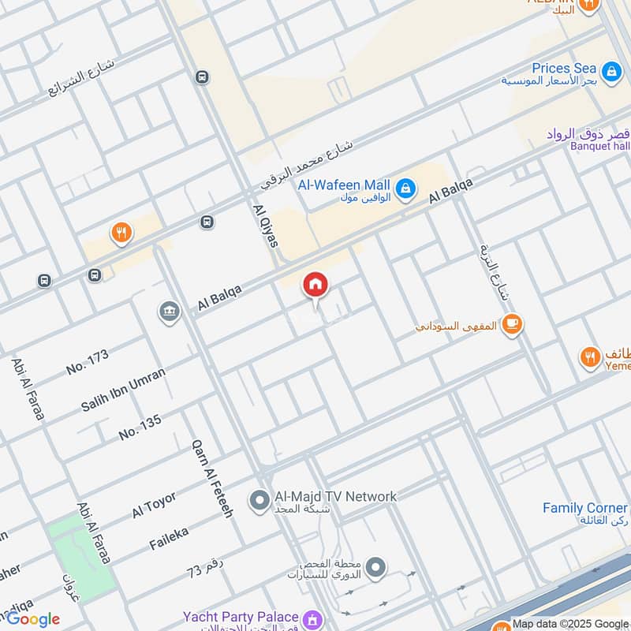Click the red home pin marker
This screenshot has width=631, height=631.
click(x=315, y=286)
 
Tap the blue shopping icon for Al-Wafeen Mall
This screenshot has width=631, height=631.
click(x=405, y=189)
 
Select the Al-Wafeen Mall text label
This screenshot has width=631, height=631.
click(x=344, y=185)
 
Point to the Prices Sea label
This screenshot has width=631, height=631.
click(x=564, y=69)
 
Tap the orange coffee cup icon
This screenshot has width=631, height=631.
click(x=512, y=323)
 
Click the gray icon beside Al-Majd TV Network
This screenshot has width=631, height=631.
click(x=259, y=500)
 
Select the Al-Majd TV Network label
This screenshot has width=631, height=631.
click(x=335, y=496)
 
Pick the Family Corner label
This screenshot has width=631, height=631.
click(x=585, y=508)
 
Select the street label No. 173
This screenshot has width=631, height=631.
click(x=87, y=362)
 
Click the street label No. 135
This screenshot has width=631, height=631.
click(x=140, y=426)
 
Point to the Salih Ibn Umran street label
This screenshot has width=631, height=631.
click(x=123, y=390)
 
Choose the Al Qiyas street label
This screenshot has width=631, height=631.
click(x=266, y=226)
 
